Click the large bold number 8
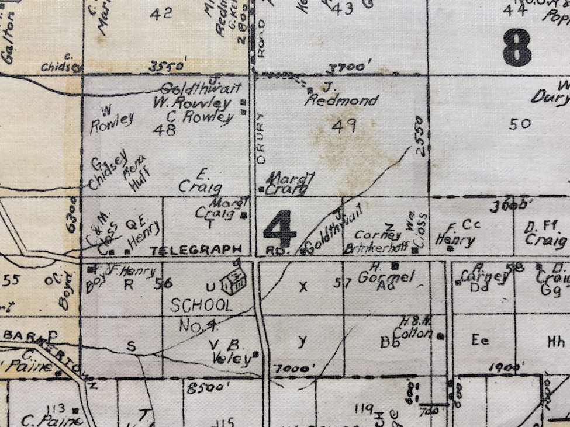pyautogui.click(x=517, y=47)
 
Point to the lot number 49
pyautogui.click(x=344, y=125)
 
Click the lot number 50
pyautogui.click(x=520, y=123)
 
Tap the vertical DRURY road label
pyautogui.click(x=260, y=137)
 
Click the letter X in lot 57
pyautogui.click(x=303, y=286)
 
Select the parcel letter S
pyautogui.click(x=131, y=346)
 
